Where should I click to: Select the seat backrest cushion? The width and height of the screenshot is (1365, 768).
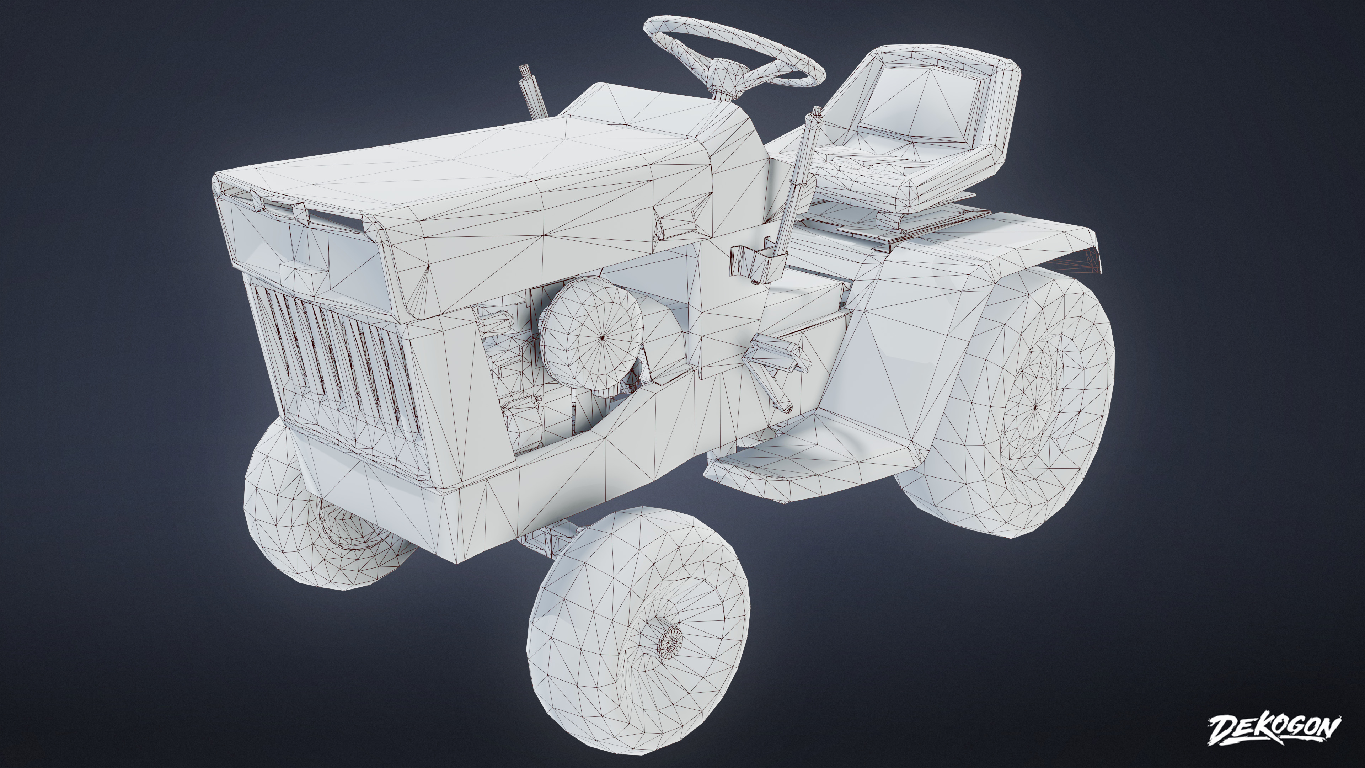(x=933, y=106)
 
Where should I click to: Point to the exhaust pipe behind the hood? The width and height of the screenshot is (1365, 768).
(x=531, y=93)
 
